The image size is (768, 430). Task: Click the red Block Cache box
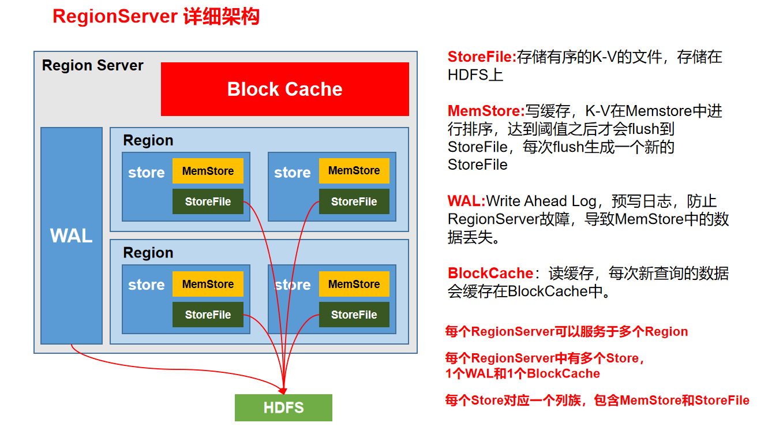pos(284,89)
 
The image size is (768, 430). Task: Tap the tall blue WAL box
pos(72,235)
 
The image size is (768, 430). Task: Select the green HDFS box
pos(283,407)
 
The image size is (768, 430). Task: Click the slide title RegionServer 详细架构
pos(156,17)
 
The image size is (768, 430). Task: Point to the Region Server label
pos(93,65)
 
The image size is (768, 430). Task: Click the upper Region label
pos(148,140)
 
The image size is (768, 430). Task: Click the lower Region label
pos(148,253)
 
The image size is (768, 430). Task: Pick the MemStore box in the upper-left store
pos(208,171)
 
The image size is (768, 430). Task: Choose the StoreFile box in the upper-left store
pos(208,201)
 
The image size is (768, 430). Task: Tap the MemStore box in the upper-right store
pos(354,171)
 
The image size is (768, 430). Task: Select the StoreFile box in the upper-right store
pos(354,201)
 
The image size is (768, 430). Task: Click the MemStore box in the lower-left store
pos(208,284)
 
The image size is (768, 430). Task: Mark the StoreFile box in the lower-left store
pos(208,315)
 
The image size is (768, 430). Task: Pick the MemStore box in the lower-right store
pos(354,284)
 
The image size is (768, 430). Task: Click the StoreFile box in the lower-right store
pos(354,315)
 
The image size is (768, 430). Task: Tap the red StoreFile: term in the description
pos(482,57)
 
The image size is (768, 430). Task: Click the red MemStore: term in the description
pos(486,111)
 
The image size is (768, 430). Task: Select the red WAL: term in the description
pos(466,201)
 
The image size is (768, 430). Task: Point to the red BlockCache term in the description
pos(490,273)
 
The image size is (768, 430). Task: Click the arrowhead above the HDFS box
pos(283,390)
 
